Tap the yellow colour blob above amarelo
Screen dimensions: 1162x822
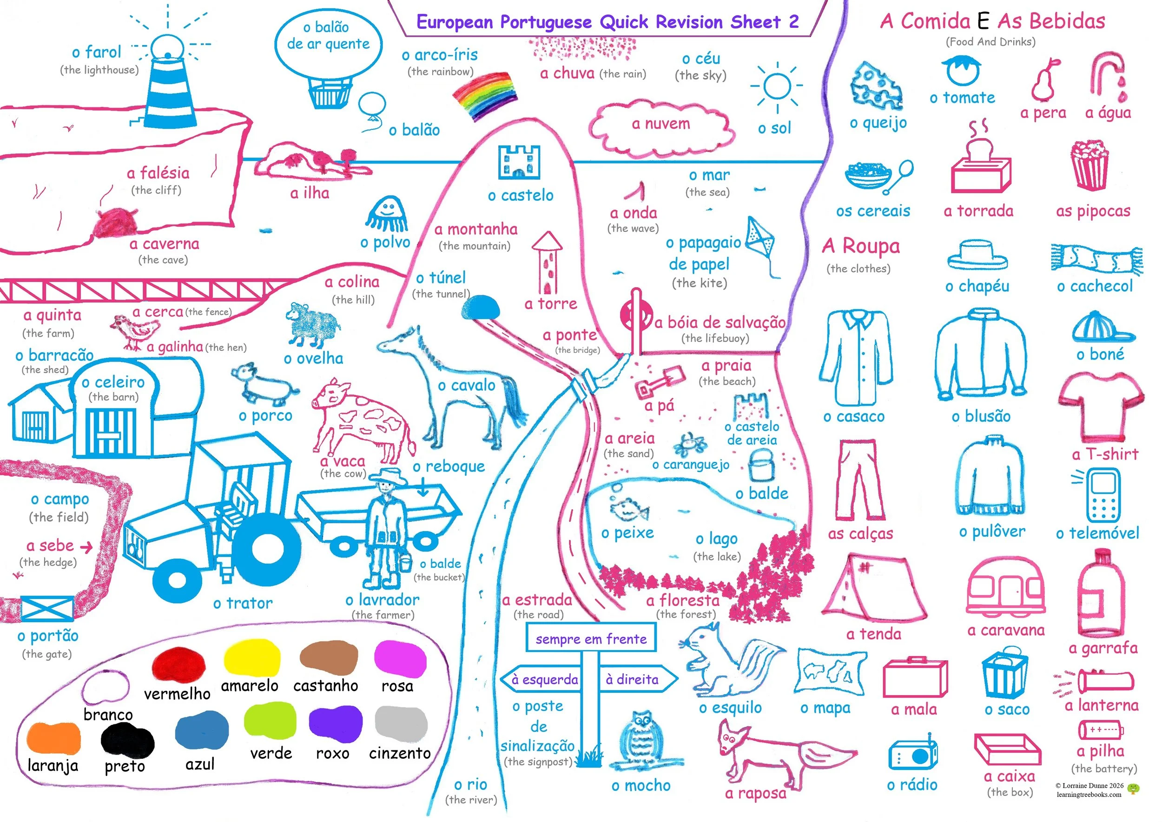[x=251, y=658]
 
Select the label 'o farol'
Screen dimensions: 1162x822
[x=96, y=52]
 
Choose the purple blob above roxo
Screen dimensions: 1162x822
[x=335, y=724]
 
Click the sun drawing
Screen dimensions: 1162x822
[x=777, y=85]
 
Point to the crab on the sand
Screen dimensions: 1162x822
[x=690, y=444]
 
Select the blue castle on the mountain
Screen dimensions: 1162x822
[x=519, y=162]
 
